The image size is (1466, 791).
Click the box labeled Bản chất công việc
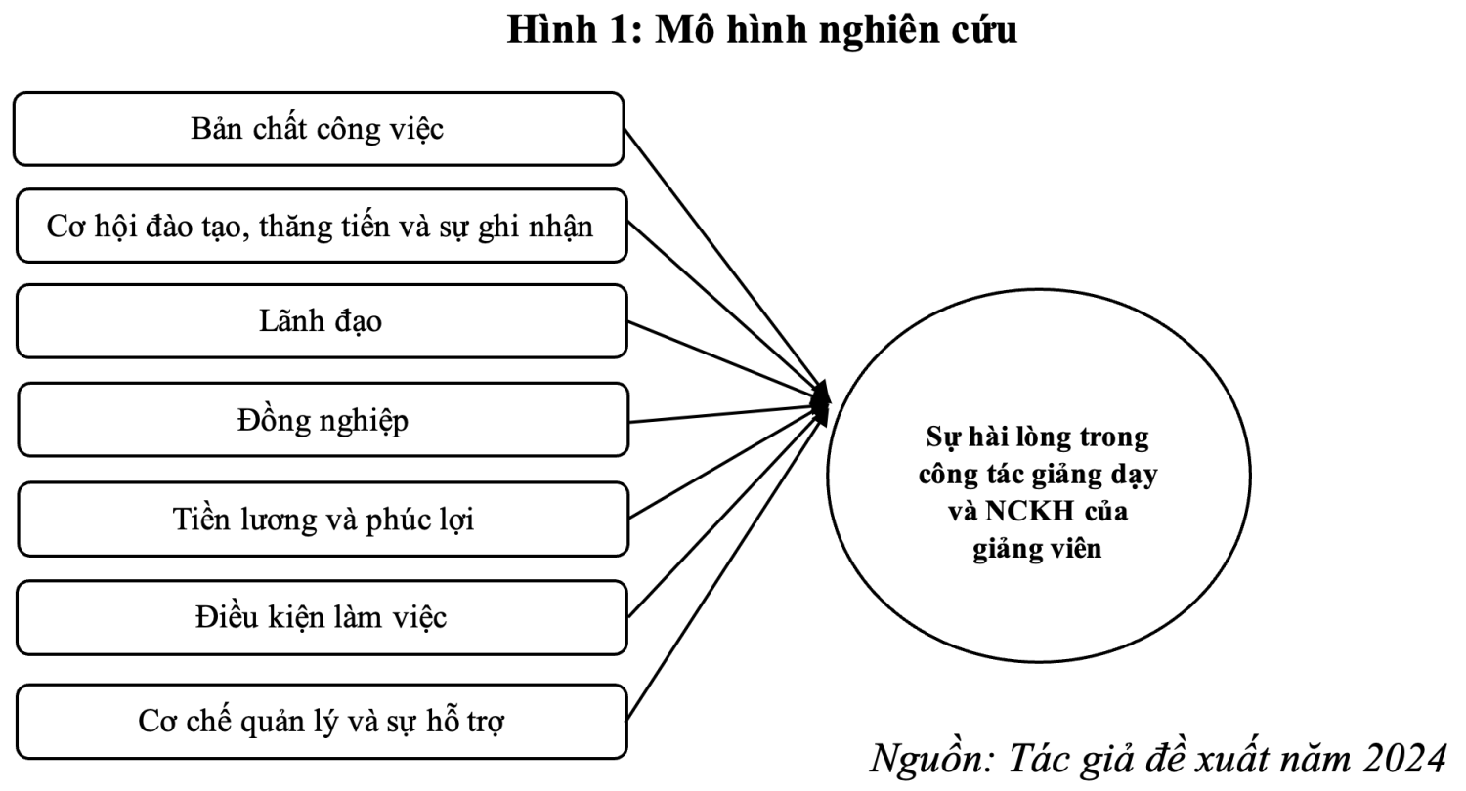tap(319, 129)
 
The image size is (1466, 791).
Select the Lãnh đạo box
tap(322, 321)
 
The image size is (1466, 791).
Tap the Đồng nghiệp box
tap(323, 420)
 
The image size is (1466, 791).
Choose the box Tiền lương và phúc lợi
tap(323, 520)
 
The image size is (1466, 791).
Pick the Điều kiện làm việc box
tap(322, 618)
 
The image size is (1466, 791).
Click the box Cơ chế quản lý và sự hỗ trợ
tap(322, 722)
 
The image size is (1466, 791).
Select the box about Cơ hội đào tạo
tap(322, 227)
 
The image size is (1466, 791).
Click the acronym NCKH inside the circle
tap(1029, 511)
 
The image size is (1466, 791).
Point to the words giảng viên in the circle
tap(1037, 549)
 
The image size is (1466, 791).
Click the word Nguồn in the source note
tap(931, 760)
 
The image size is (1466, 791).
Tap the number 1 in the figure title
tap(622, 30)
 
